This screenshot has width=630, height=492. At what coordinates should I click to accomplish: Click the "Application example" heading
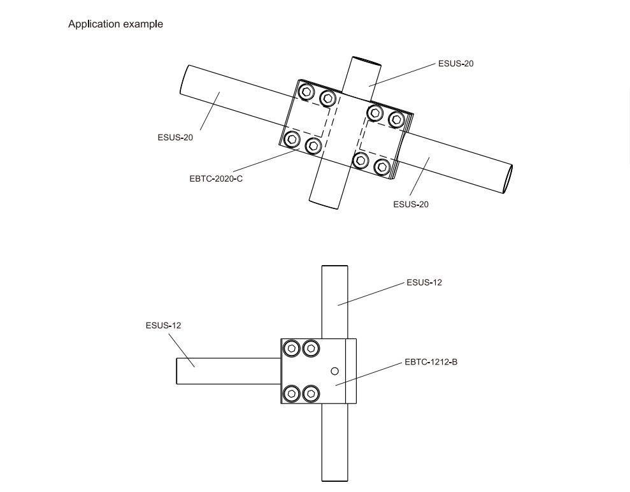116,24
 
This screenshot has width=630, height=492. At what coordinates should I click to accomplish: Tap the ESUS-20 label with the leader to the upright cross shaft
455,64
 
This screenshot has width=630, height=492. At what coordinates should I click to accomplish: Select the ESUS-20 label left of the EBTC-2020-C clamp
175,138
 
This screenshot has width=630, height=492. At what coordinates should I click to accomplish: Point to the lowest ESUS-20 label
411,204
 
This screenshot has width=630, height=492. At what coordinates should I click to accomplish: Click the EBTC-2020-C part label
216,178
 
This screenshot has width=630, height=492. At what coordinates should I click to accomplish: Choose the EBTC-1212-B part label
431,362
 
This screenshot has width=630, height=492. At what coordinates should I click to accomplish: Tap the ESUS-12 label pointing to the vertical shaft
424,282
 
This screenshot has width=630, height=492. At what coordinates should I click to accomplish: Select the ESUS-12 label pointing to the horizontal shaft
164,325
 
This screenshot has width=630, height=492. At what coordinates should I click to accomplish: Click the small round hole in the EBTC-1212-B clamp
334,371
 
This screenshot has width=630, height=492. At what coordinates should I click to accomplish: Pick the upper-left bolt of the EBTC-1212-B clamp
292,349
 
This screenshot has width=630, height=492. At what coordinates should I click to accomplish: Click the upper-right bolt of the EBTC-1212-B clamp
311,349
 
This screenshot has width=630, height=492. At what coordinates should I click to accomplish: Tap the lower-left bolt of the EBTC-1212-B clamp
292,393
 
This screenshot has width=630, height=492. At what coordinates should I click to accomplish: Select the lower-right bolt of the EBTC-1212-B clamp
311,393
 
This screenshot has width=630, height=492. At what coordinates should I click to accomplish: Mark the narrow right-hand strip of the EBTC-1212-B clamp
351,371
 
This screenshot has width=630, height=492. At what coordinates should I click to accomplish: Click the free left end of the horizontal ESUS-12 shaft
177,371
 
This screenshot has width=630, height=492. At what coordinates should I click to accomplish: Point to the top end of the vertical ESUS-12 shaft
334,266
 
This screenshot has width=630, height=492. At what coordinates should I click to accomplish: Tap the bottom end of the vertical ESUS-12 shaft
334,481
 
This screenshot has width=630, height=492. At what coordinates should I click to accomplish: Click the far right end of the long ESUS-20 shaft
508,179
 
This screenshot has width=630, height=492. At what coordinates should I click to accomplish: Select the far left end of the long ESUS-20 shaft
185,80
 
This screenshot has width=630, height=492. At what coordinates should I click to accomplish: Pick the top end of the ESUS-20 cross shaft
366,61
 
